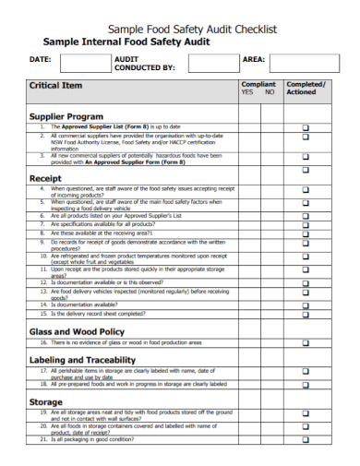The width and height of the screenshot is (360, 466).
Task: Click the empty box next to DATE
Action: (x=80, y=62)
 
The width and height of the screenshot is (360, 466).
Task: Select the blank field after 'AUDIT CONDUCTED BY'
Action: (x=212, y=62)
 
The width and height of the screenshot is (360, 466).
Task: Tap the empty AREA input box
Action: (x=302, y=62)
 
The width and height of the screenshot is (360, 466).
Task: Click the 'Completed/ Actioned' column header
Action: (x=306, y=88)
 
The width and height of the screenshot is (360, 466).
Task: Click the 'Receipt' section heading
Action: (x=45, y=178)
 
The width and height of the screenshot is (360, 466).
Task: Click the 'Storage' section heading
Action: (x=46, y=402)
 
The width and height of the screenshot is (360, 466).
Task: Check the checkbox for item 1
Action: (x=306, y=126)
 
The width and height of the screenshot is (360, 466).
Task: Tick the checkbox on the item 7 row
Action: (x=306, y=224)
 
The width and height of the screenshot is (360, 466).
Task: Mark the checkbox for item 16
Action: (x=306, y=341)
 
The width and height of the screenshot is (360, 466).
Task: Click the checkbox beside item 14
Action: (x=306, y=304)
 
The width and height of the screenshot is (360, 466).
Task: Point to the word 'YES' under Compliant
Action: (x=246, y=92)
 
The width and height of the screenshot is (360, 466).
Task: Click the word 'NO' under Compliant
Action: (x=270, y=92)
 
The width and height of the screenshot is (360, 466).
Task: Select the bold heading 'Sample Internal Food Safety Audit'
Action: (x=126, y=42)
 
